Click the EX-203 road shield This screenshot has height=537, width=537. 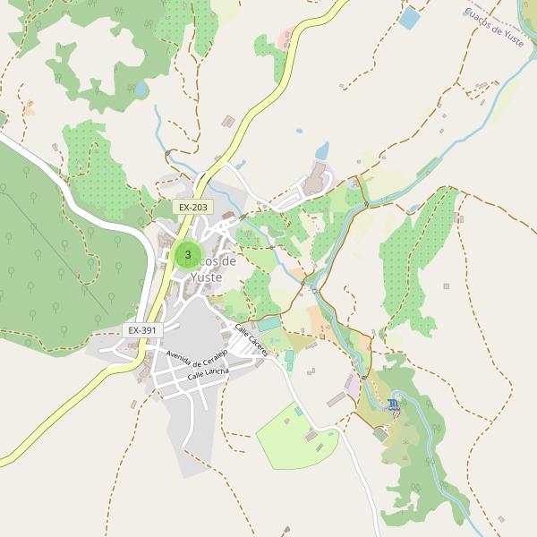coord(192,207)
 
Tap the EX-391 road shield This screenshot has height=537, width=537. coord(141,330)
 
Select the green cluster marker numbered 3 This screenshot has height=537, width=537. coord(187,255)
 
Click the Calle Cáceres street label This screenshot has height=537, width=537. coord(251,340)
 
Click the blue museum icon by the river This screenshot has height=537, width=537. coord(394,405)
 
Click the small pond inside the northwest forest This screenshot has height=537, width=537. coord(141,89)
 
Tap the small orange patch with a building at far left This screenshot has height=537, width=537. coord(30,109)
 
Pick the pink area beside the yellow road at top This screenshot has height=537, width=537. coord(286,38)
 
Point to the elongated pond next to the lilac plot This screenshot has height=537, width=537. coord(322,149)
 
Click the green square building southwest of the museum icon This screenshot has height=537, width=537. coord(380,433)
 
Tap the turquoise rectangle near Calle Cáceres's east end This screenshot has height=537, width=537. coord(269,324)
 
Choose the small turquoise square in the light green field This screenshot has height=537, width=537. coord(298,411)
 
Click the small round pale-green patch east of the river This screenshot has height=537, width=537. coord(413,209)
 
